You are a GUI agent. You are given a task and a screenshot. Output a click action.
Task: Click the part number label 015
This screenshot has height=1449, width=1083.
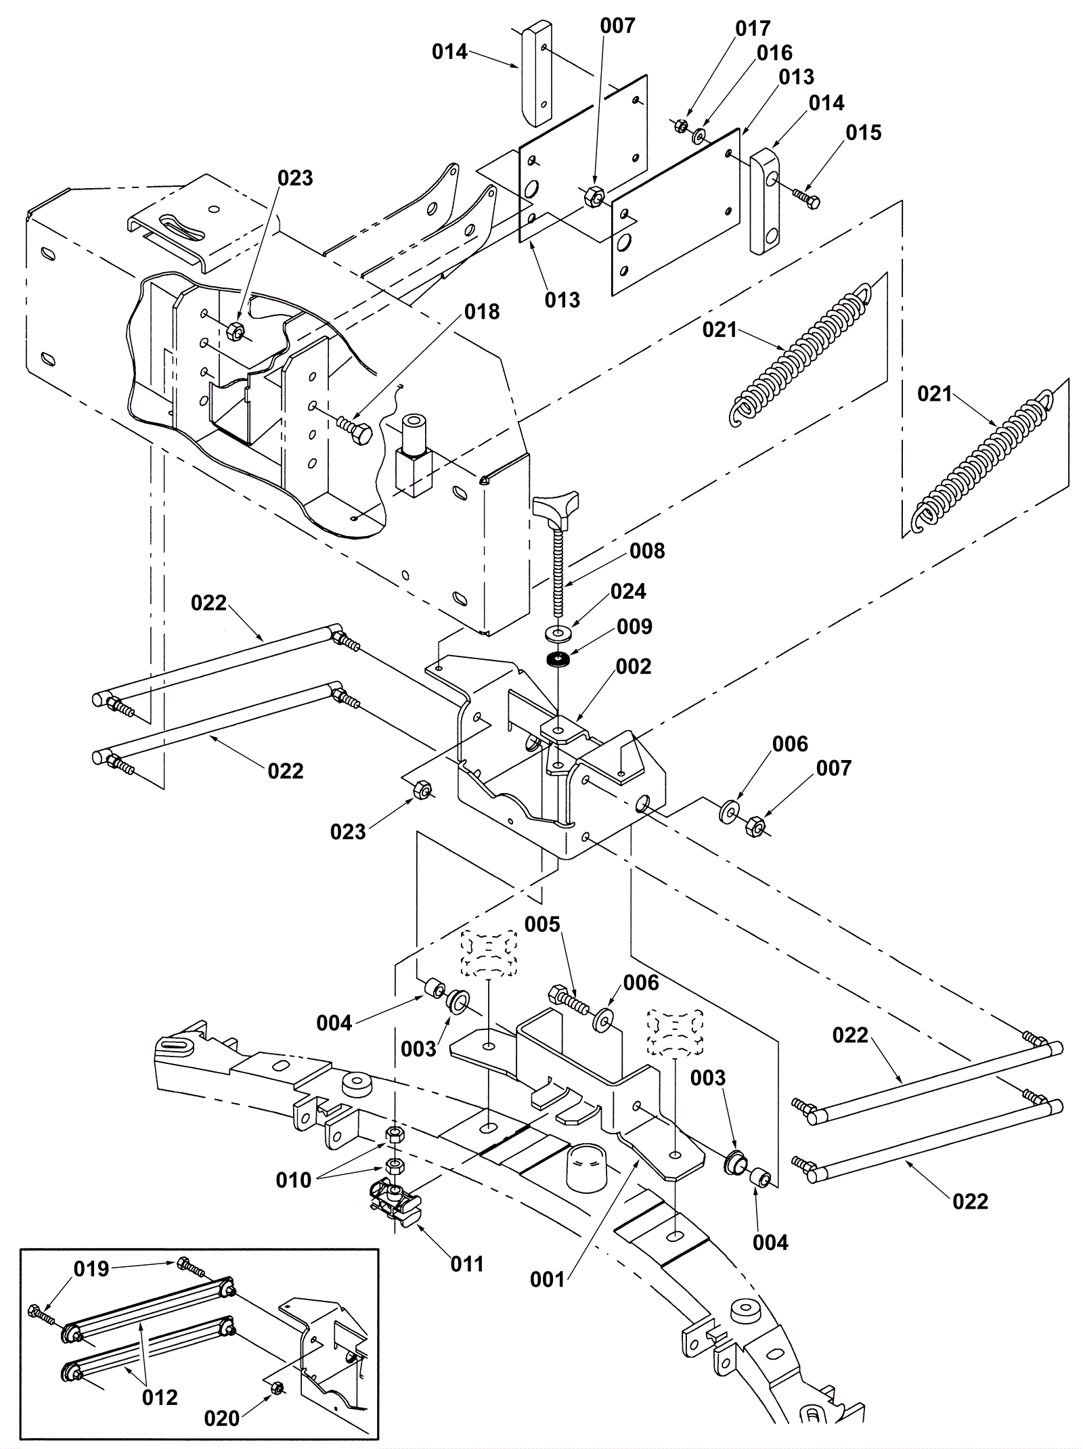tap(864, 133)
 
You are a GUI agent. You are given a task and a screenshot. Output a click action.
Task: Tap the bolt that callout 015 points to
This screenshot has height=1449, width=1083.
tap(806, 198)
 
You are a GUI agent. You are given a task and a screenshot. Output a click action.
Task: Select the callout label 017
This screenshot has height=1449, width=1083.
tap(753, 29)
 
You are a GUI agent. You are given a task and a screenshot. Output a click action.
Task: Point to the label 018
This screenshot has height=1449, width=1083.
tap(481, 311)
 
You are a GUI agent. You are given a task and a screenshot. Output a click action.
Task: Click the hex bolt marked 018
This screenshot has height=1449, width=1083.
tap(353, 429)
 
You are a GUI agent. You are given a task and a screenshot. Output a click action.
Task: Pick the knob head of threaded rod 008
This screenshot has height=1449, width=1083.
tap(554, 512)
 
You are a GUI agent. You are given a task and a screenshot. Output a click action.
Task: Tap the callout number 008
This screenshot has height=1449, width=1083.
tap(647, 551)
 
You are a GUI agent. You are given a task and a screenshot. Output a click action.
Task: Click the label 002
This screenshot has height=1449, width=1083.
tap(634, 667)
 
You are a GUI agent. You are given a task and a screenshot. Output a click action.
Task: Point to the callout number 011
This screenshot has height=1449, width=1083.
tap(467, 1264)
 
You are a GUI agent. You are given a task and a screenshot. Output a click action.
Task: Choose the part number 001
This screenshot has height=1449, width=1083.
tap(547, 1279)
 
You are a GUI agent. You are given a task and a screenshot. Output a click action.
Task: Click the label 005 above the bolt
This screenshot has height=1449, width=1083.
tap(542, 924)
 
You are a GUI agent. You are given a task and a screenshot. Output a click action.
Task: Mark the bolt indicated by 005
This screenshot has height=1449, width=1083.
tap(569, 998)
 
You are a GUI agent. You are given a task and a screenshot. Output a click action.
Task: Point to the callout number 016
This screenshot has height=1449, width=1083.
tap(774, 53)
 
